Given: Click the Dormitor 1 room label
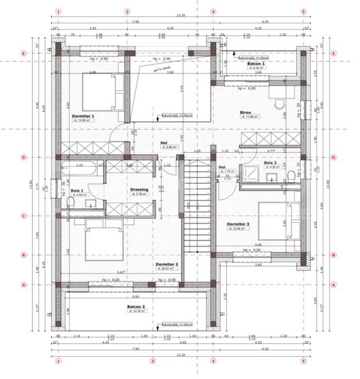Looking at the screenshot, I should [x=83, y=116].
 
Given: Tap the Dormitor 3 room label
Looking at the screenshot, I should [x=238, y=223].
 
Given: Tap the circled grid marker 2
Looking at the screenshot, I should [x=127, y=11].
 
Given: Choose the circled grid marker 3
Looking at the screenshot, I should [x=152, y=360].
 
